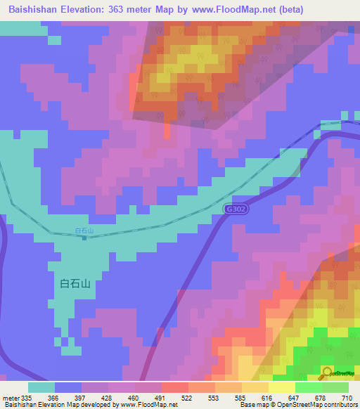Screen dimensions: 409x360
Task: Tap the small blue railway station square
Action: click(x=84, y=238)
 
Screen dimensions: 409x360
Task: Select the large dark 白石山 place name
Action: click(x=76, y=284)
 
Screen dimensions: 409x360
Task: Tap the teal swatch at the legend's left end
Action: click(x=41, y=387)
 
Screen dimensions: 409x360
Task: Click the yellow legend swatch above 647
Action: click(x=282, y=387)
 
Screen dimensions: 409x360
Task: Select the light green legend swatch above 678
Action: click(x=309, y=387)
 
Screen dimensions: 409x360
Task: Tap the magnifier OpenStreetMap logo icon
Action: click(x=328, y=372)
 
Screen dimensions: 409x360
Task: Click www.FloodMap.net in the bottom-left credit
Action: click(x=148, y=405)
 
